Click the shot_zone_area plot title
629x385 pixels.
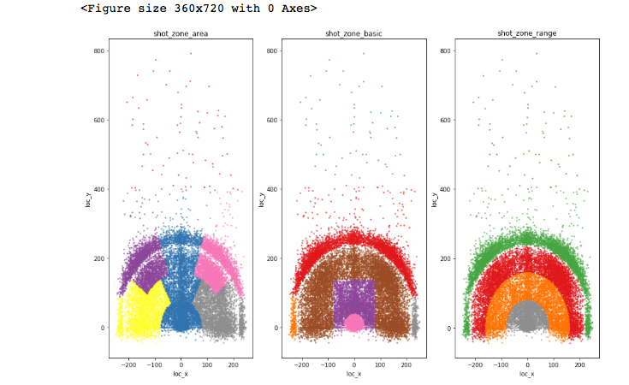(x=181, y=33)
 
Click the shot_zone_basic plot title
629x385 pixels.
(x=354, y=33)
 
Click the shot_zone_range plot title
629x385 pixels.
(x=527, y=33)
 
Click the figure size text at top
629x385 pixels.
(x=199, y=9)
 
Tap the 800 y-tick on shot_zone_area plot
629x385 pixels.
(x=98, y=50)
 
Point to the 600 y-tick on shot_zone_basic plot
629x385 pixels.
(x=272, y=120)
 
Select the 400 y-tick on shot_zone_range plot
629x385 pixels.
(x=445, y=189)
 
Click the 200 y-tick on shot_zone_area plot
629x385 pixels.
(x=98, y=258)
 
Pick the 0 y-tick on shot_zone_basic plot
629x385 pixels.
(x=276, y=328)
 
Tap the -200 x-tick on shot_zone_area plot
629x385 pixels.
(x=128, y=364)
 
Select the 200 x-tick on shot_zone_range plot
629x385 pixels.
(x=579, y=364)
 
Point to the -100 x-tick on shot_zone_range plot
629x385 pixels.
(x=501, y=364)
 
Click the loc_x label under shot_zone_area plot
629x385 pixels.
(x=181, y=374)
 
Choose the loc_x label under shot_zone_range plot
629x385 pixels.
(x=527, y=374)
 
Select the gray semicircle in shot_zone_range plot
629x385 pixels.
(x=527, y=317)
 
